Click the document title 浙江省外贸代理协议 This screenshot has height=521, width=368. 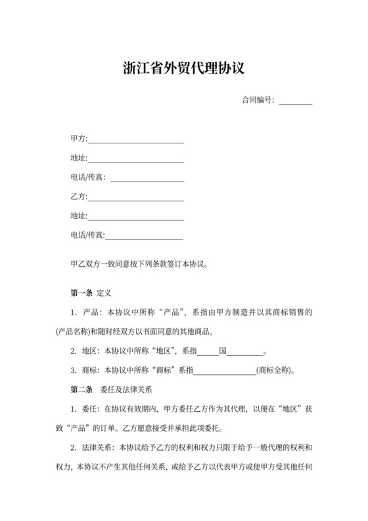coord(184,68)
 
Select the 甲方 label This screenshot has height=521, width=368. coord(78,139)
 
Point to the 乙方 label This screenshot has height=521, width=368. coord(78,197)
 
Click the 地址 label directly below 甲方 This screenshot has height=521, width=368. coord(78,159)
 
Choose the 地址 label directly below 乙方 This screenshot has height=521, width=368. coord(78,216)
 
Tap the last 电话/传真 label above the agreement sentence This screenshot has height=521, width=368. coord(87,235)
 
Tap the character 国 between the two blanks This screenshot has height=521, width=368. coord(223,350)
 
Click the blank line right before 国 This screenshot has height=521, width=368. coord(208,352)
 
